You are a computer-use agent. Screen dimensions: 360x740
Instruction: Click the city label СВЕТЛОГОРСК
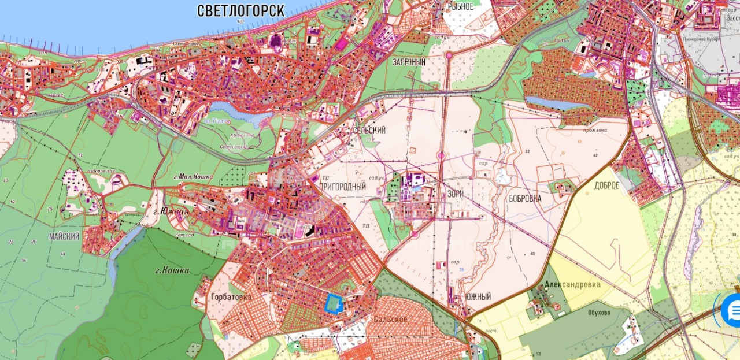click(x=241, y=10)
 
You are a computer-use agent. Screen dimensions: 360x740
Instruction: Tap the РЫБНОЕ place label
click(x=461, y=6)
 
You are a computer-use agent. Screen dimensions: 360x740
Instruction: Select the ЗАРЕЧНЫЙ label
click(x=409, y=62)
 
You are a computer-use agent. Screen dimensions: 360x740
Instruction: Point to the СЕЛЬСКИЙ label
click(x=369, y=131)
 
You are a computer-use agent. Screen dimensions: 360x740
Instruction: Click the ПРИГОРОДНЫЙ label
click(x=342, y=187)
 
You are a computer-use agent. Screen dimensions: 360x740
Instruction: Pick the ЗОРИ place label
click(x=455, y=194)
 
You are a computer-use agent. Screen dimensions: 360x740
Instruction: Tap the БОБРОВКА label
click(x=525, y=198)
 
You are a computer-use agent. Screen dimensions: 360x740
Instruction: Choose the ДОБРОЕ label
click(x=606, y=185)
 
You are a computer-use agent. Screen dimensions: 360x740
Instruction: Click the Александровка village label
click(x=572, y=284)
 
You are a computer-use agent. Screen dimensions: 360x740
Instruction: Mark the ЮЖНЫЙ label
click(x=478, y=297)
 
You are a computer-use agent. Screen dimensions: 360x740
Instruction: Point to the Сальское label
click(x=390, y=318)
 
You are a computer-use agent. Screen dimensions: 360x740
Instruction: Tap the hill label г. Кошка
click(x=172, y=270)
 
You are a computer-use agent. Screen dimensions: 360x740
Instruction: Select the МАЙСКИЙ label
click(x=64, y=237)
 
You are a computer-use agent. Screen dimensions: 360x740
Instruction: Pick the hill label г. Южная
click(x=171, y=212)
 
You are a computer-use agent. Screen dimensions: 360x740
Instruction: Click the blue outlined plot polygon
click(x=333, y=303)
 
